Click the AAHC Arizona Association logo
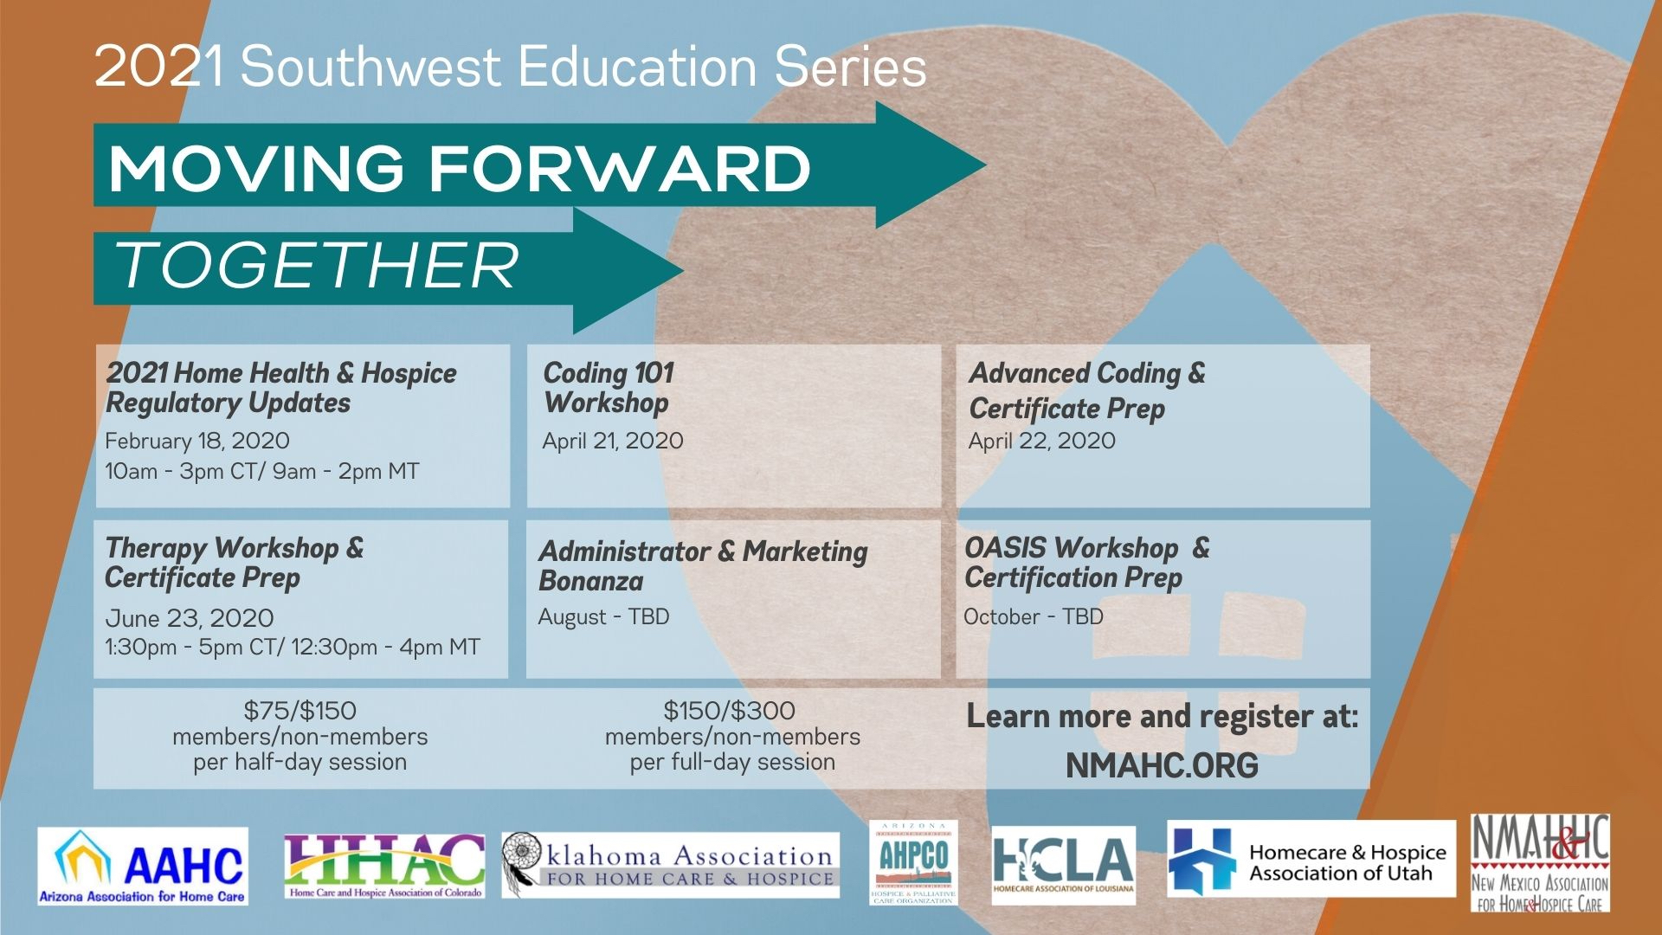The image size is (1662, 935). [143, 867]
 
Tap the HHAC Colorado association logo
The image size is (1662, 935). [384, 867]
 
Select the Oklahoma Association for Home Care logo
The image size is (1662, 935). [670, 866]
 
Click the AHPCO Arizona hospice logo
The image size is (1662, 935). [913, 863]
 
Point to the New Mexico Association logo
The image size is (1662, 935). [1540, 863]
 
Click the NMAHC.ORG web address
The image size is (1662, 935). [1162, 766]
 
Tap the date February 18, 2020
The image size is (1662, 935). [197, 442]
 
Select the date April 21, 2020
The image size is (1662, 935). [613, 442]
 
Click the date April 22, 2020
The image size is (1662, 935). [1042, 442]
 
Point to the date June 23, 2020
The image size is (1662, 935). [190, 618]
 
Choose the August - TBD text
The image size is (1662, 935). [603, 617]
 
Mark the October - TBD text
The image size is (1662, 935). [1034, 617]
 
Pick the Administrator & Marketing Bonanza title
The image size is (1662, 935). [703, 565]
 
